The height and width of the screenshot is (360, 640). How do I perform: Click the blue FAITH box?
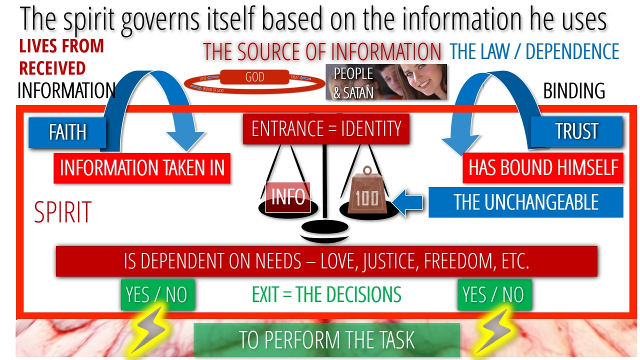click(67, 132)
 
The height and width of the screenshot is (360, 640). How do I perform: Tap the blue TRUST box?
click(576, 131)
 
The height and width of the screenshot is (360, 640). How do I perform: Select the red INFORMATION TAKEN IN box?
click(142, 168)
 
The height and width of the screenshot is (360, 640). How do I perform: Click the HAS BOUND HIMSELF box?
click(543, 168)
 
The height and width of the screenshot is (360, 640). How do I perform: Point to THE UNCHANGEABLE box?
click(525, 202)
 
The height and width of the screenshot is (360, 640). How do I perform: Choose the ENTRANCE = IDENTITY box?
click(326, 129)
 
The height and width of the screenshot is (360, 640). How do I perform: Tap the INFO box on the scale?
click(287, 197)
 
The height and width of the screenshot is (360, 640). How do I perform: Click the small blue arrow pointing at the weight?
click(408, 202)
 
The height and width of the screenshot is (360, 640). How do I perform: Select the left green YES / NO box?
click(157, 294)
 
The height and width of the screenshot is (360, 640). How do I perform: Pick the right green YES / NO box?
click(494, 294)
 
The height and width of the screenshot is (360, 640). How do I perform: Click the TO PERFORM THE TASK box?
click(326, 340)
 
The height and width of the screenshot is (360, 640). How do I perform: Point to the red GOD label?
click(255, 77)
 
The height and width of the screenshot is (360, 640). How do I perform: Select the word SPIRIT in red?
click(62, 212)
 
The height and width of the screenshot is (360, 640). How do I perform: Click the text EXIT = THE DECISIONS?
click(326, 294)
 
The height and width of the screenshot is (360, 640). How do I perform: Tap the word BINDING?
click(573, 91)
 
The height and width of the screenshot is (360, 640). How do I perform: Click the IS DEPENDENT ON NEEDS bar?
click(326, 261)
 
